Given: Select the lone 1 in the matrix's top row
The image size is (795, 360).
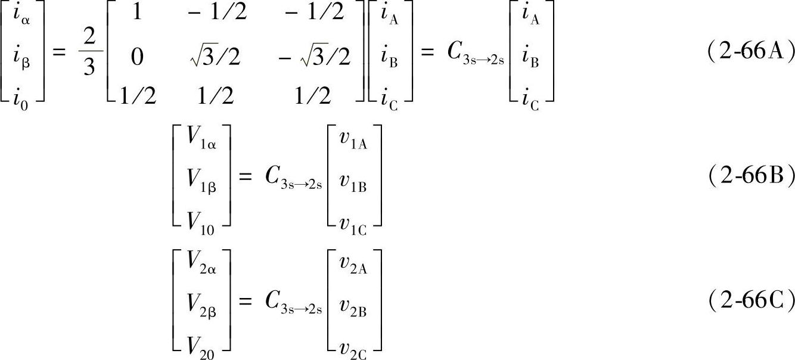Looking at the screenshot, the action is (136, 14).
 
